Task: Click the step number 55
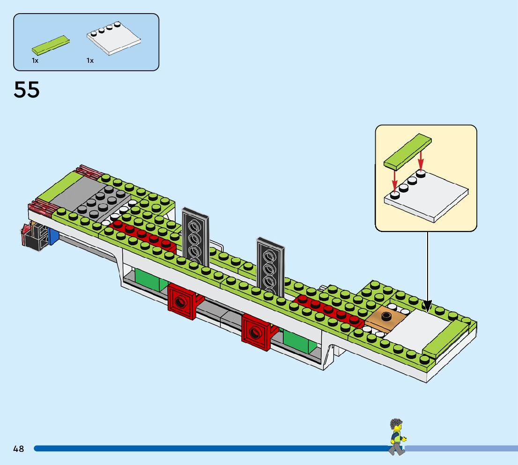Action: click(x=27, y=90)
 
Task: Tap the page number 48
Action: click(x=19, y=449)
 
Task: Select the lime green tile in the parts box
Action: click(x=52, y=44)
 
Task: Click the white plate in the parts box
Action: click(x=114, y=41)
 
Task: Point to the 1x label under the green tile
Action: click(x=35, y=60)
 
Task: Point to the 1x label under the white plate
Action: click(x=90, y=60)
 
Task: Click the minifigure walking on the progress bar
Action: click(x=397, y=436)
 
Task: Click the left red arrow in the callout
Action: click(x=395, y=180)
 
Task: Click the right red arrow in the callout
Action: click(x=420, y=160)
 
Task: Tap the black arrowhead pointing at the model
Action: click(x=427, y=306)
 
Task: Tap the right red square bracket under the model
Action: click(x=256, y=332)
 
